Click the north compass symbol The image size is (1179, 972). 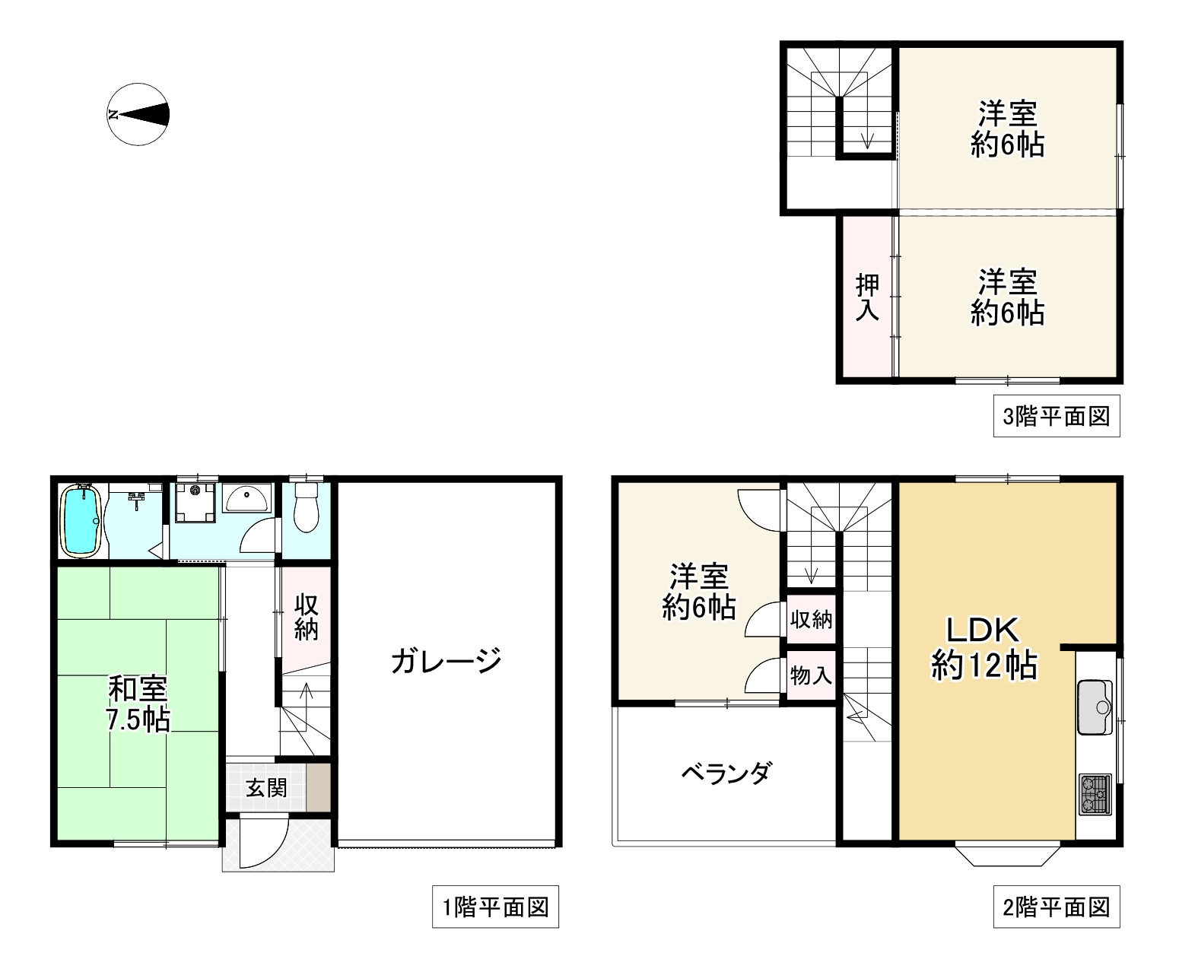138,115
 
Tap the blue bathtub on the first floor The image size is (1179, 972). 80,520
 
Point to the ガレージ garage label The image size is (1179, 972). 446,661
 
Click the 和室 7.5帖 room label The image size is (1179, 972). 138,704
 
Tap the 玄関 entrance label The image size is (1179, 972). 265,788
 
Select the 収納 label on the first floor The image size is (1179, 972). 306,618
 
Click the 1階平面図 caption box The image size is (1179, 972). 495,907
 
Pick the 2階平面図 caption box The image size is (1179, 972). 1057,907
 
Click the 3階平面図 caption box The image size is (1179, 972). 1057,416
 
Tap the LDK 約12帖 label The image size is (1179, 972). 983,648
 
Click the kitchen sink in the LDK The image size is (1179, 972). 1095,707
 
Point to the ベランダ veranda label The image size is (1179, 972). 726,773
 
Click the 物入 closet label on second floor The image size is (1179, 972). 811,675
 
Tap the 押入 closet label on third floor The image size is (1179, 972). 867,297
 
